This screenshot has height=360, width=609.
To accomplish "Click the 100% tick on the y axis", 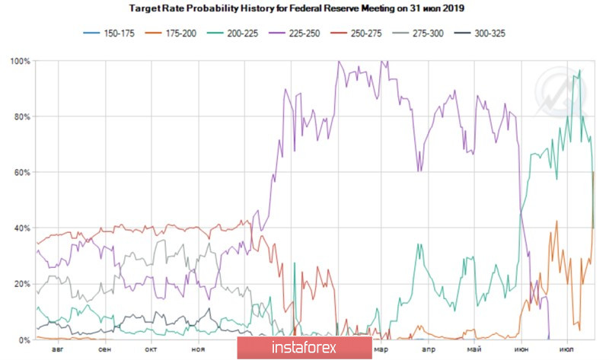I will [20, 61].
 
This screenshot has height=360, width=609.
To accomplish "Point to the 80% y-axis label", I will [21, 116].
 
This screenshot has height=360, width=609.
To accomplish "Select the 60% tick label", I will [21, 173].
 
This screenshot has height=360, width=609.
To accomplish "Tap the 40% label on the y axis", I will [21, 228].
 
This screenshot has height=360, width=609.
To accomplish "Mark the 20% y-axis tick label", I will [21, 284].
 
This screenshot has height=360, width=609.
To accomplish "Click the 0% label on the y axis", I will [24, 340].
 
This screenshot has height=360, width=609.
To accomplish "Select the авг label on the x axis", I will [58, 349].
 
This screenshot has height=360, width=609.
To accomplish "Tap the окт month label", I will [151, 349].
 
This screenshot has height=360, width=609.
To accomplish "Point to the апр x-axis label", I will [429, 349].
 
